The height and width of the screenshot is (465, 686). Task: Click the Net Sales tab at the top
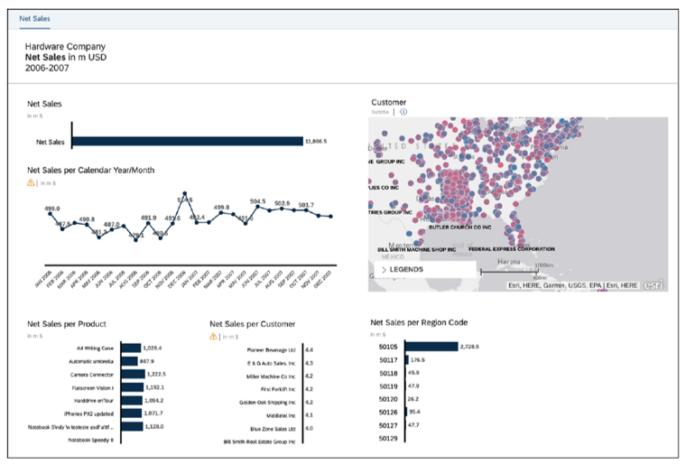[34, 18]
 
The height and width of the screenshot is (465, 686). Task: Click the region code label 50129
[388, 438]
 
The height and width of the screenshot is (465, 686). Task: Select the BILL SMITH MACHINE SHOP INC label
[417, 248]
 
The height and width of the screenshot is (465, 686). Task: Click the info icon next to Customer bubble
[403, 112]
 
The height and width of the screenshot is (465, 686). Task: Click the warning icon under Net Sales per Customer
[214, 336]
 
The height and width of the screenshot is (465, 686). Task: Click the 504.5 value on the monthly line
[258, 201]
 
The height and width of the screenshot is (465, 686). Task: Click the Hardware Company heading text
[65, 46]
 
